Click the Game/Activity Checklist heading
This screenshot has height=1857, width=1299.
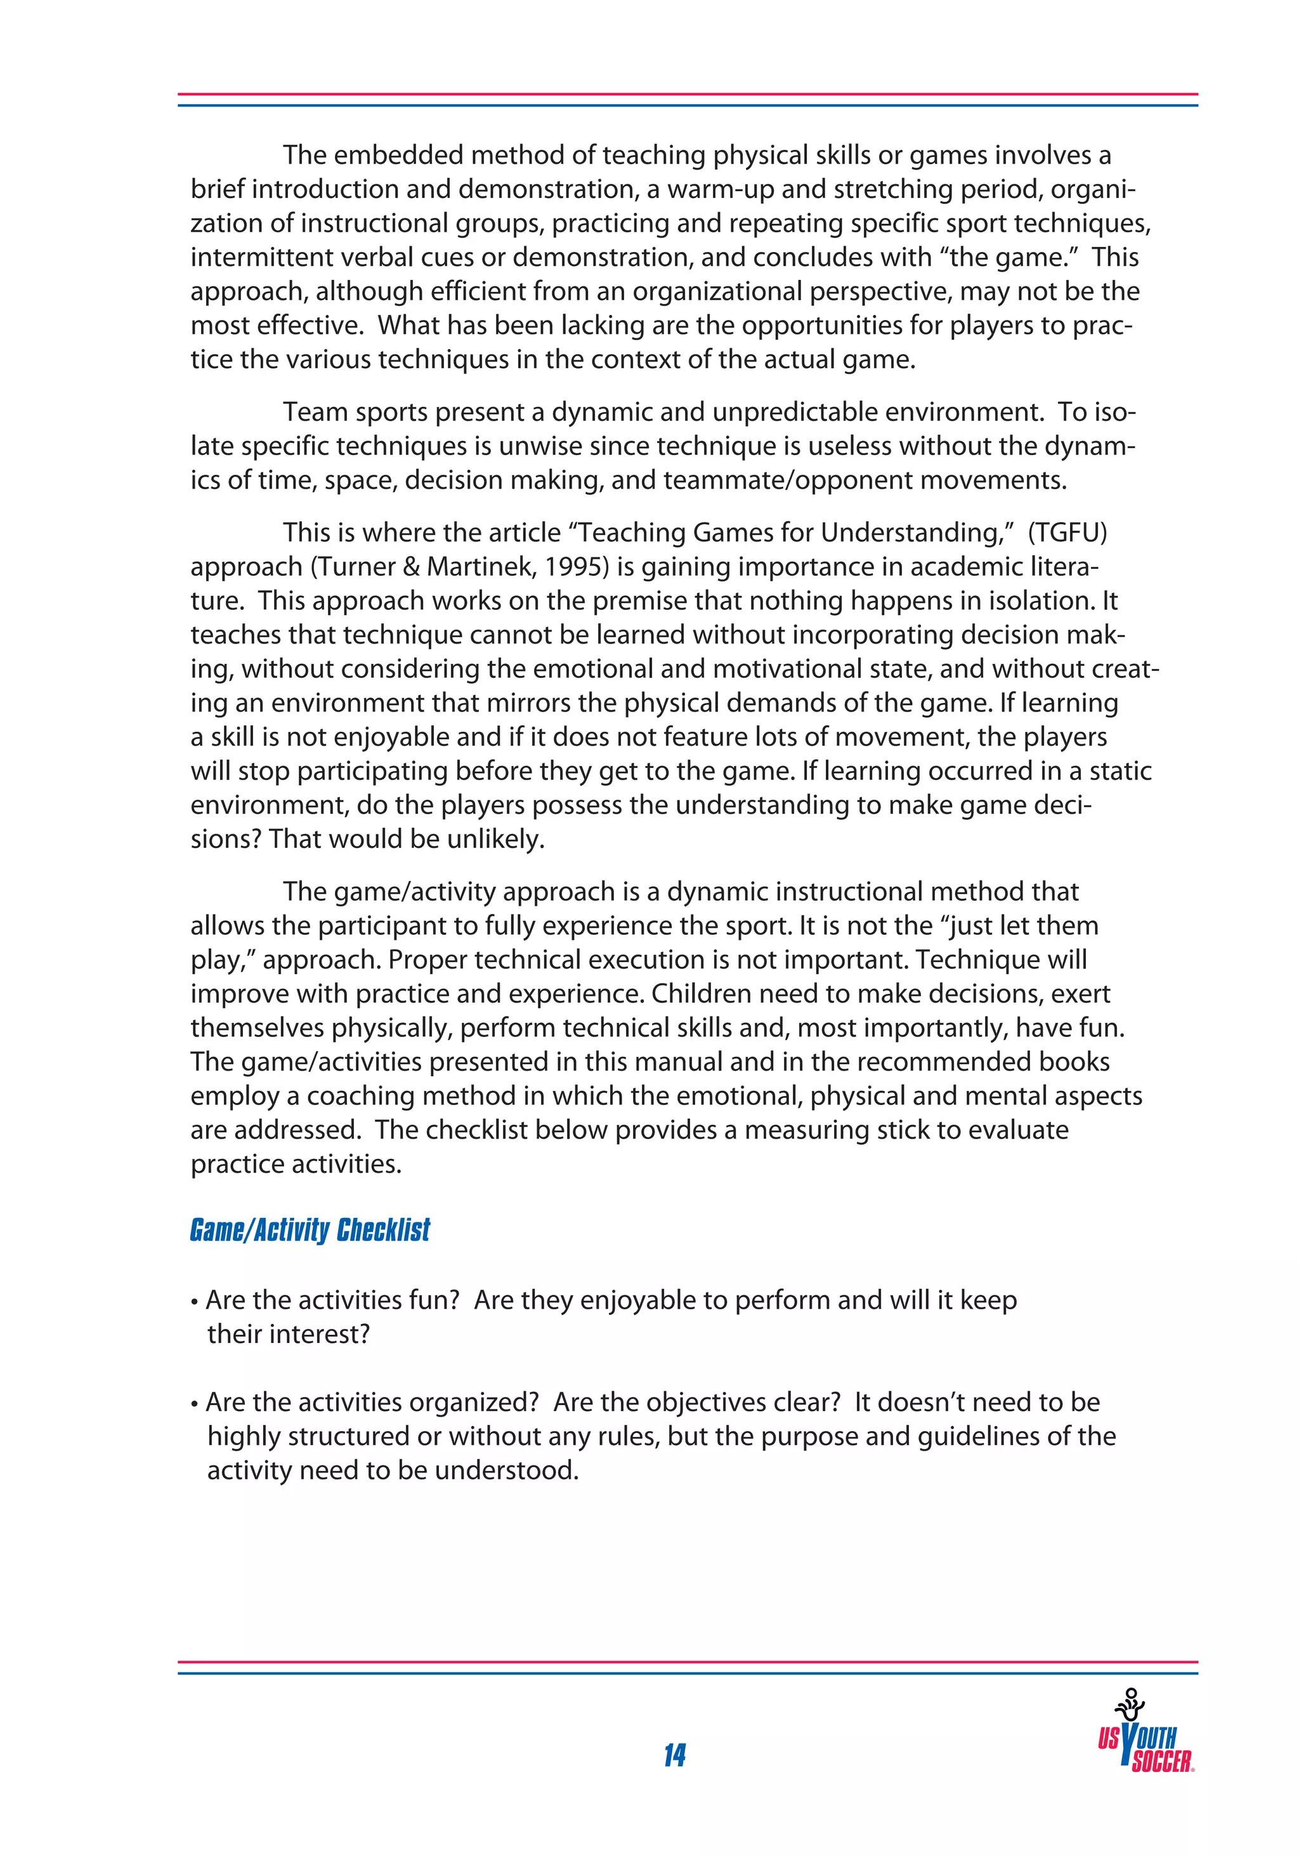tap(310, 1230)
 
